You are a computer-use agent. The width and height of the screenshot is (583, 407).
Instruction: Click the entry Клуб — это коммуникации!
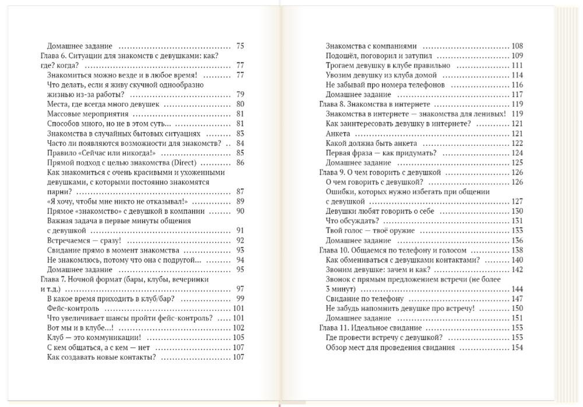pyautogui.click(x=93, y=338)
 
